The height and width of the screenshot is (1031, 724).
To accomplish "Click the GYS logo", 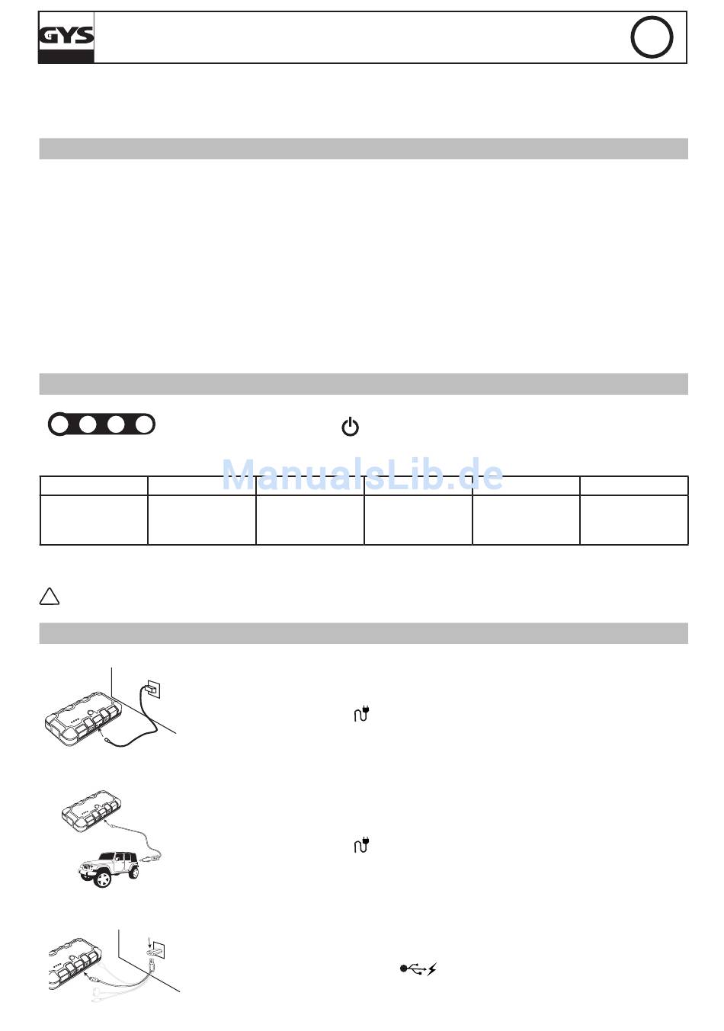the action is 66,37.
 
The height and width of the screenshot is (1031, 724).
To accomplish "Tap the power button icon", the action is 351,427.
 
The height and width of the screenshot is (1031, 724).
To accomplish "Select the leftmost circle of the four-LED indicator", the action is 59,424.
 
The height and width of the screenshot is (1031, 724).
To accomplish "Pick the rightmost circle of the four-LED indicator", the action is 144,424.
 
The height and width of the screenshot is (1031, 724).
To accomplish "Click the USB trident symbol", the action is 413,969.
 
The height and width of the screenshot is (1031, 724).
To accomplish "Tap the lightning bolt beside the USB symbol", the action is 431,969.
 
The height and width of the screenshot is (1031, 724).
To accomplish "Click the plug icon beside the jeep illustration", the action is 362,844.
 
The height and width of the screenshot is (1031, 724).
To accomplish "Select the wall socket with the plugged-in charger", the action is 152,689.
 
